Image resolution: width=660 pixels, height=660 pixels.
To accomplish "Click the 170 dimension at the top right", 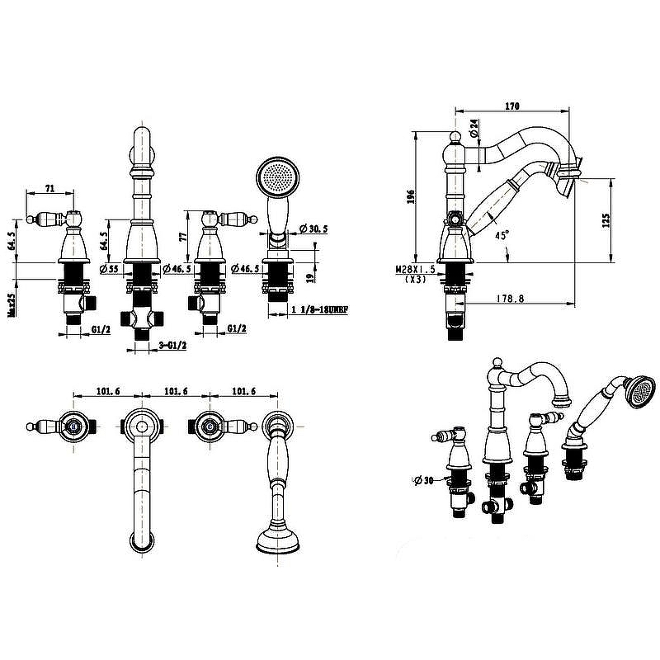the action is tap(511, 106).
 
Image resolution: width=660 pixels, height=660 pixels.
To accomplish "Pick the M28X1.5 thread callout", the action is tap(416, 270).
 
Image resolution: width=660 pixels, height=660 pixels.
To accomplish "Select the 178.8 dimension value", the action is tap(511, 298).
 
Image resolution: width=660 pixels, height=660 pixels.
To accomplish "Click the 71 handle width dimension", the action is tap(50, 189).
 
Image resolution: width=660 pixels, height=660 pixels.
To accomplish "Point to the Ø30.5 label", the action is tap(314, 228).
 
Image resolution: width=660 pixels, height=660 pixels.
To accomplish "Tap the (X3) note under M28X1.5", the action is tap(417, 280).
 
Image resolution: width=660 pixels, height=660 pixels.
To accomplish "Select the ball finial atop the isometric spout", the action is tap(496, 363).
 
